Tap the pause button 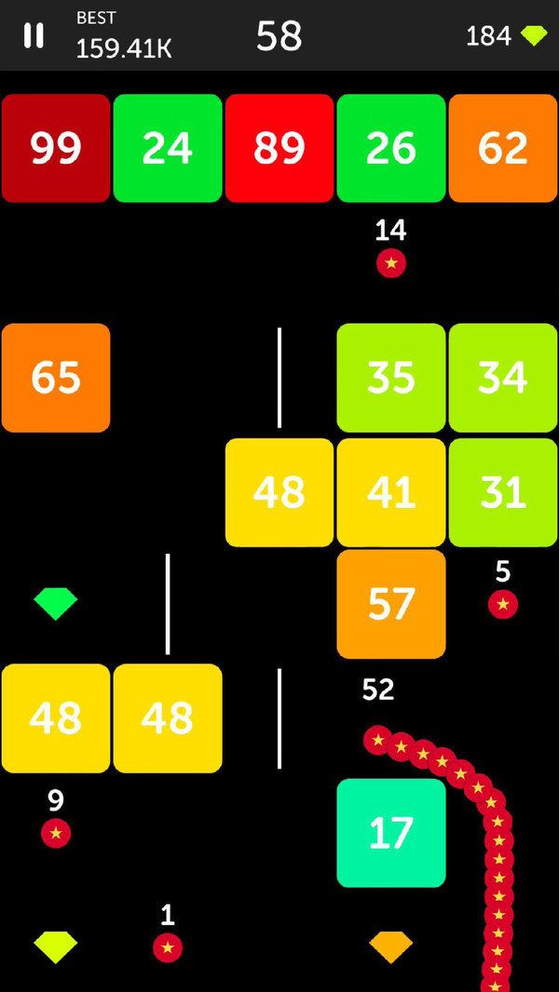(x=34, y=35)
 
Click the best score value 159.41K (x=124, y=48)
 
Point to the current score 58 (x=279, y=36)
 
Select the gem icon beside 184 (x=534, y=36)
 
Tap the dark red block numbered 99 (x=56, y=148)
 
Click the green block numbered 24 (x=168, y=148)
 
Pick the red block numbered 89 (x=279, y=148)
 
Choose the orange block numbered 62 (x=503, y=148)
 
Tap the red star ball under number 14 (x=391, y=262)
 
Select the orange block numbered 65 (x=56, y=378)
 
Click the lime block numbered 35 (x=391, y=378)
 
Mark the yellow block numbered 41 (x=391, y=492)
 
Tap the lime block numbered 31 (x=503, y=492)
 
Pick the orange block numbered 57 (x=391, y=604)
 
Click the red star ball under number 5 (x=503, y=605)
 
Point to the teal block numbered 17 (x=391, y=833)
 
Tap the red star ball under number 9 (x=56, y=833)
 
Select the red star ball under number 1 (x=168, y=947)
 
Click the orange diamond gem (x=390, y=947)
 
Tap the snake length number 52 (x=378, y=690)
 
